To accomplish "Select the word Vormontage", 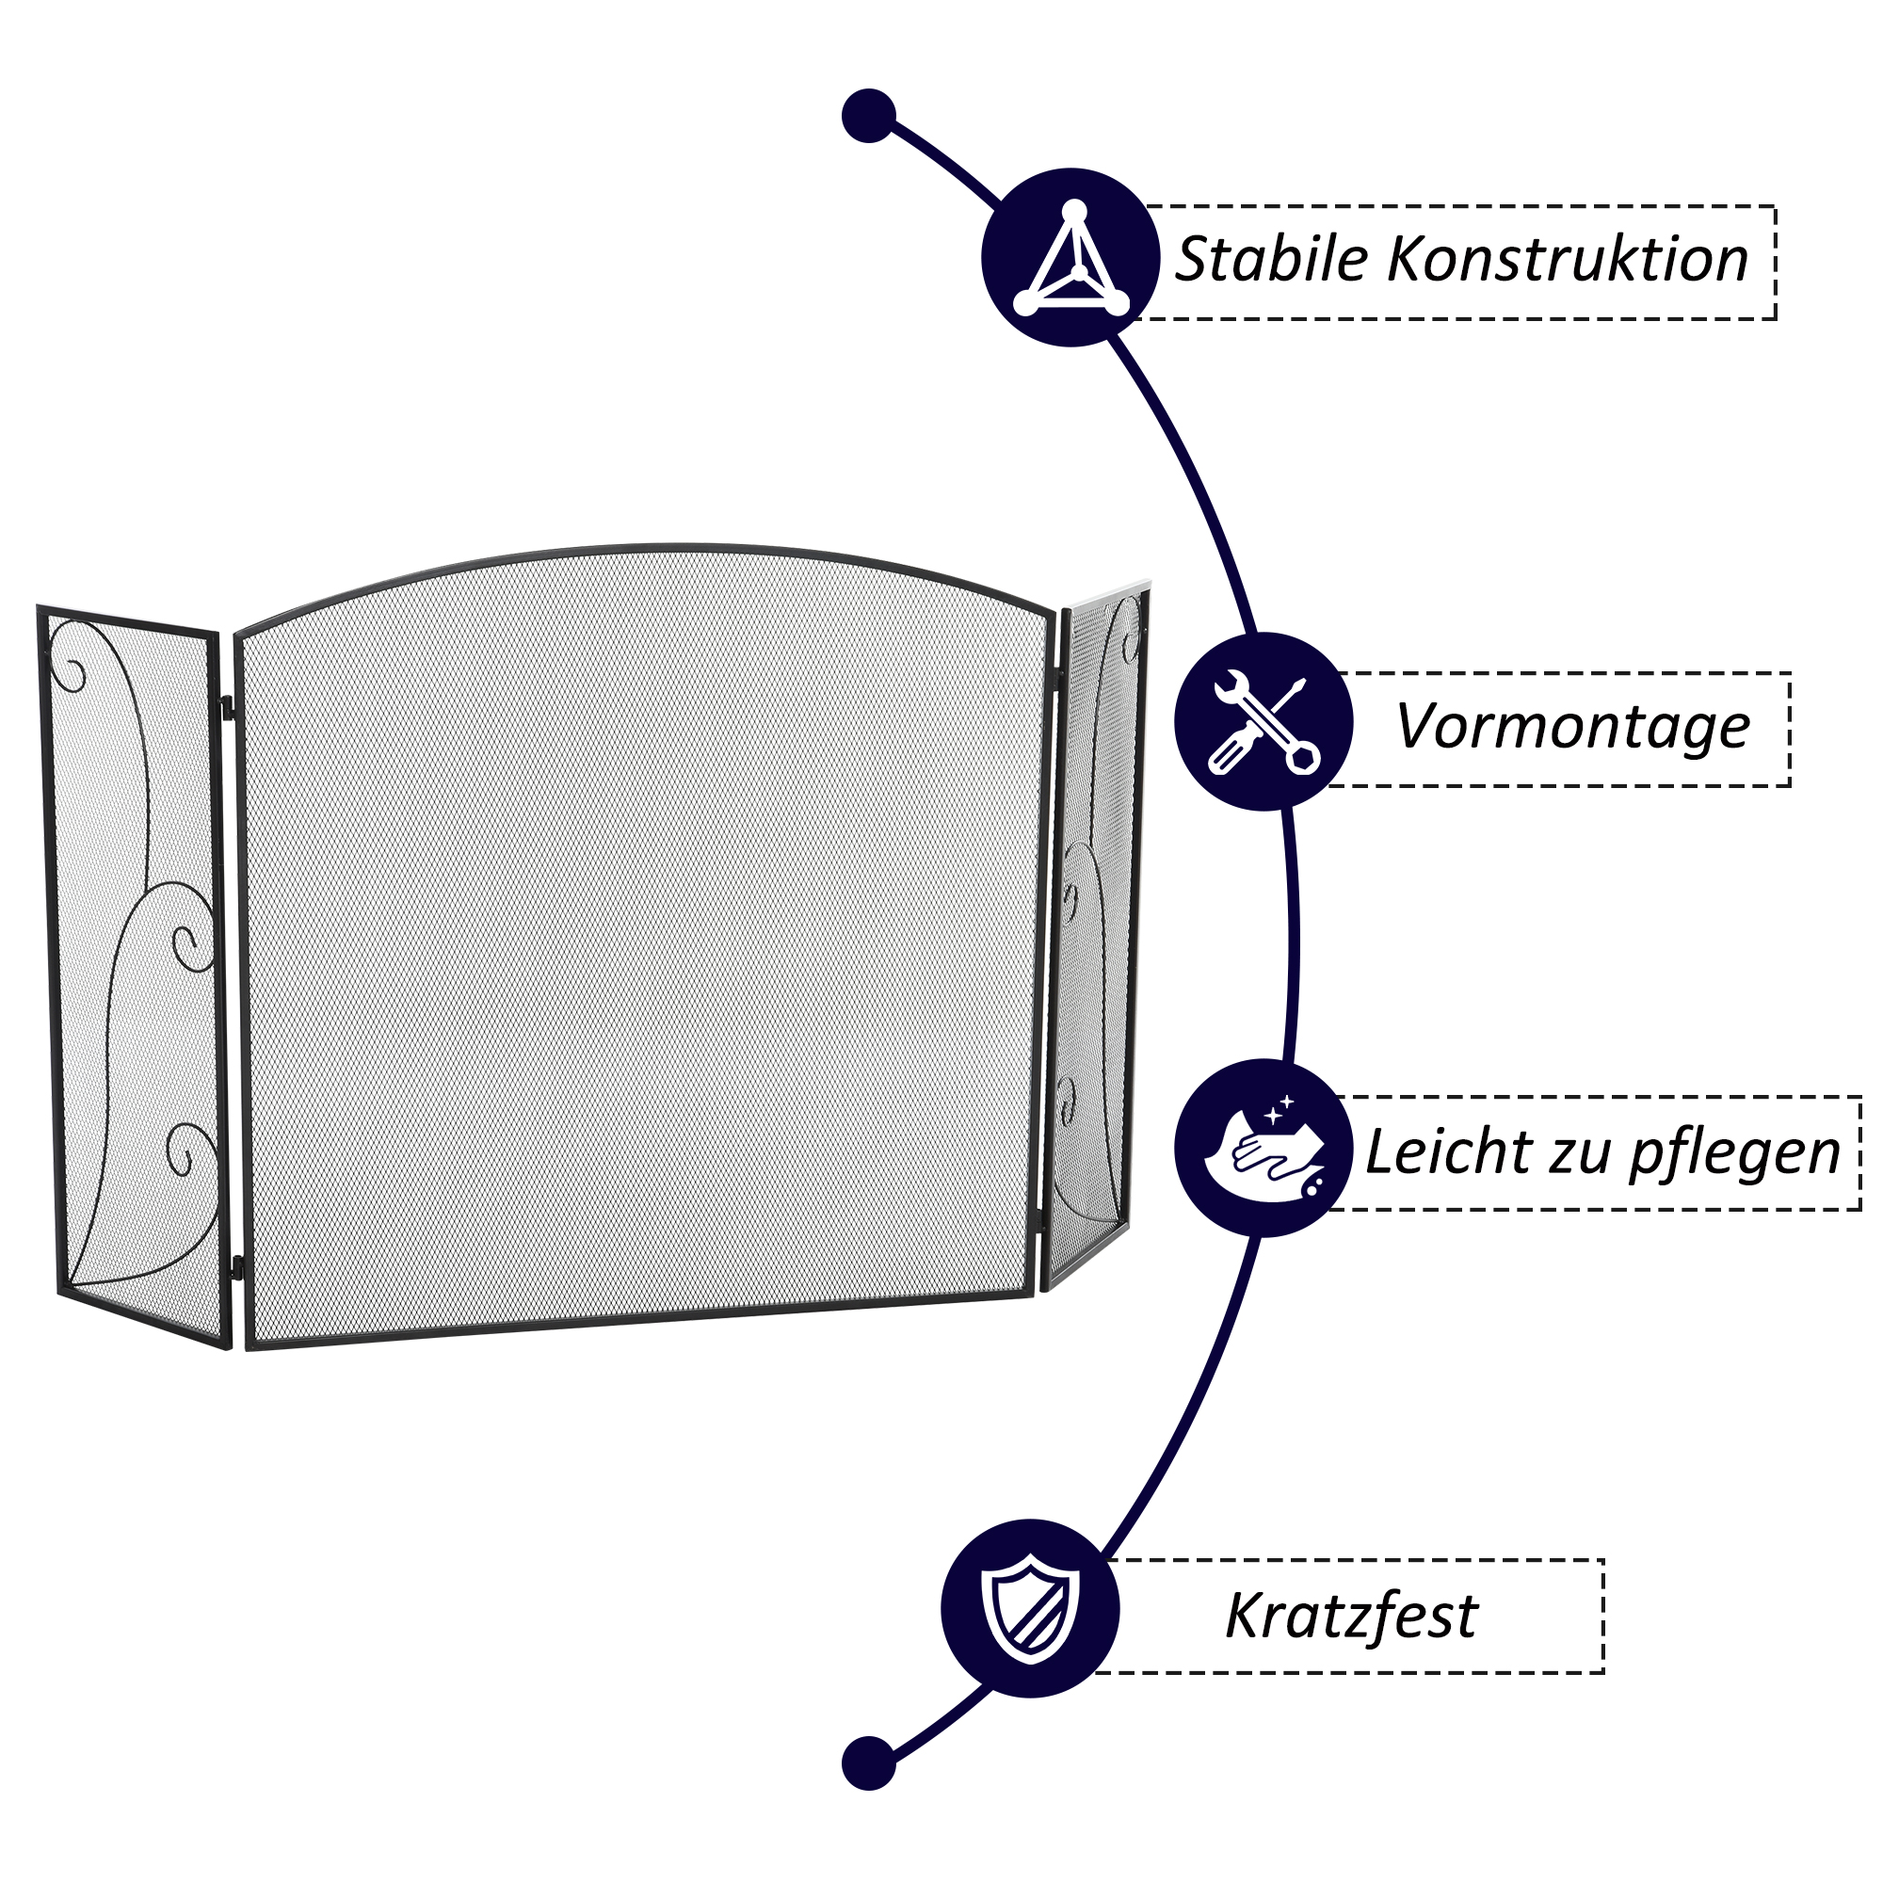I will pyautogui.click(x=1572, y=727).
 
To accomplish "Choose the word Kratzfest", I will pyautogui.click(x=1351, y=1616).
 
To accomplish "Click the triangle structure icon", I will pyautogui.click(x=1071, y=259).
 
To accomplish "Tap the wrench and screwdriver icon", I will pyautogui.click(x=1263, y=723).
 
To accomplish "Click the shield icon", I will pyautogui.click(x=1030, y=1609).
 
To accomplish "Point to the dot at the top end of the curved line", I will pyautogui.click(x=868, y=116).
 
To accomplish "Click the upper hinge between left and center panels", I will pyautogui.click(x=228, y=703).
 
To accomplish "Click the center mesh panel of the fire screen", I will pyautogui.click(x=643, y=945).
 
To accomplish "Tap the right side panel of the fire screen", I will pyautogui.click(x=1097, y=936).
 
